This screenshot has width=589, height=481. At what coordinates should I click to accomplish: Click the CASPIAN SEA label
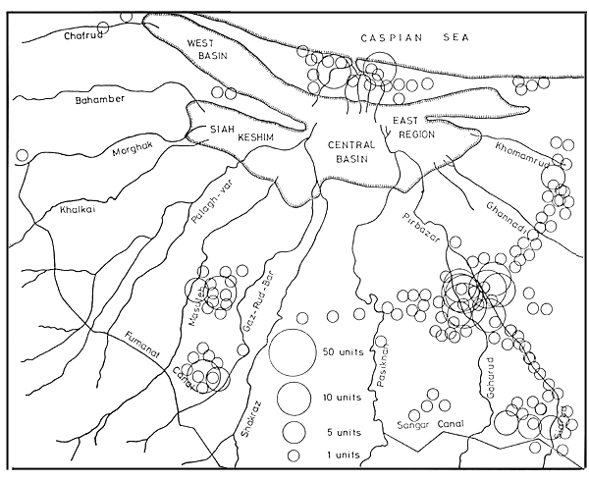tap(402, 37)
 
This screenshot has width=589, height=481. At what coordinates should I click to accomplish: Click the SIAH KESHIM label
tap(236, 133)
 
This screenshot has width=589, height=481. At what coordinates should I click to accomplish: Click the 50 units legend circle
tap(293, 352)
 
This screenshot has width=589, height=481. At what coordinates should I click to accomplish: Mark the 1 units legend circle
tap(293, 455)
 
